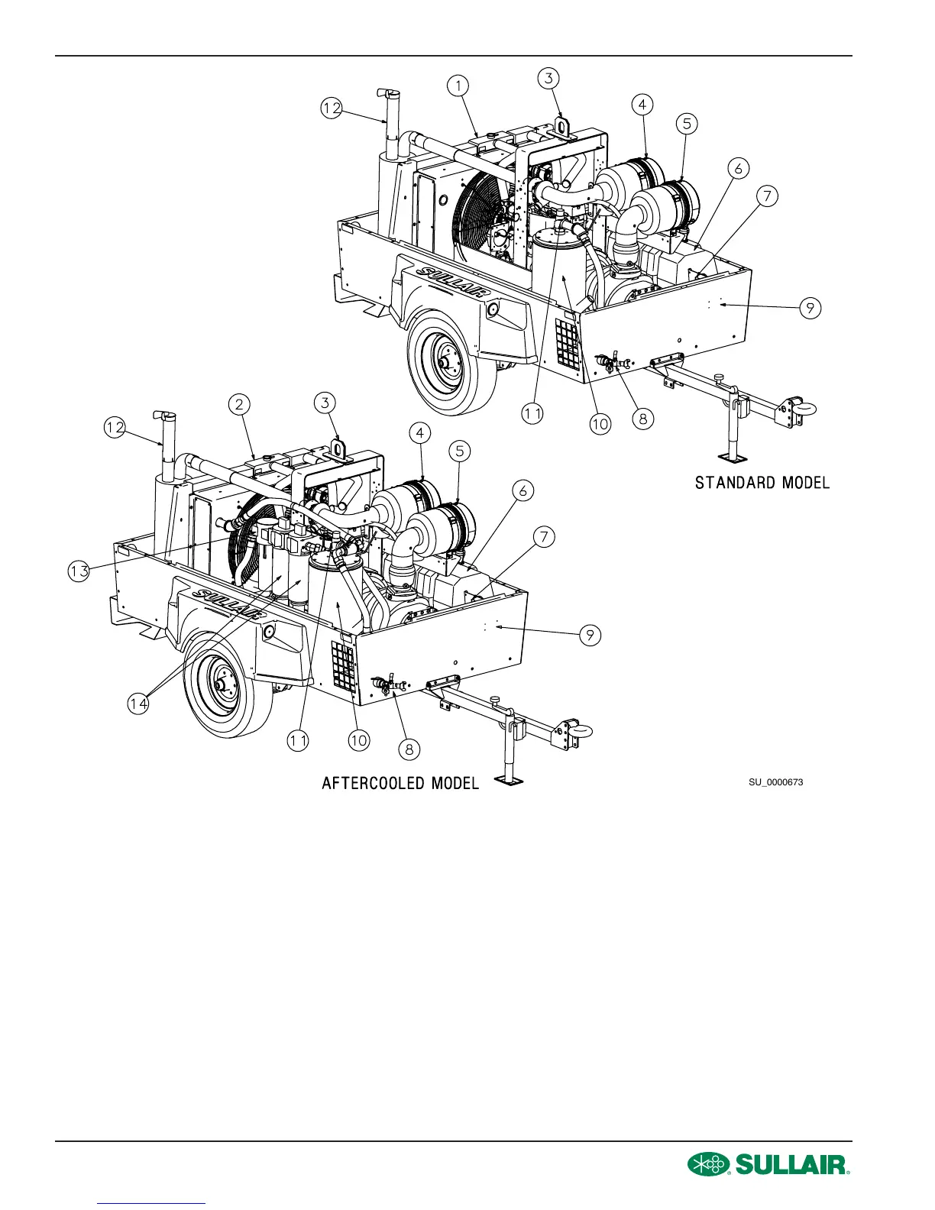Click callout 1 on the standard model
pyautogui.click(x=458, y=86)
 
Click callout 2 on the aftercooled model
pyautogui.click(x=240, y=405)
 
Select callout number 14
pyautogui.click(x=138, y=704)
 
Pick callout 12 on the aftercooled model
pyautogui.click(x=115, y=429)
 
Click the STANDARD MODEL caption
pyautogui.click(x=762, y=483)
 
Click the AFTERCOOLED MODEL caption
pyautogui.click(x=400, y=784)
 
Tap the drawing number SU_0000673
pyautogui.click(x=775, y=782)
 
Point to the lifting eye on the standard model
pyautogui.click(x=563, y=126)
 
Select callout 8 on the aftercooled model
pyautogui.click(x=409, y=749)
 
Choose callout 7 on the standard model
pyautogui.click(x=766, y=196)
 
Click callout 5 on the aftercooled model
pyautogui.click(x=459, y=451)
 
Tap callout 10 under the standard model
pyautogui.click(x=600, y=423)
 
